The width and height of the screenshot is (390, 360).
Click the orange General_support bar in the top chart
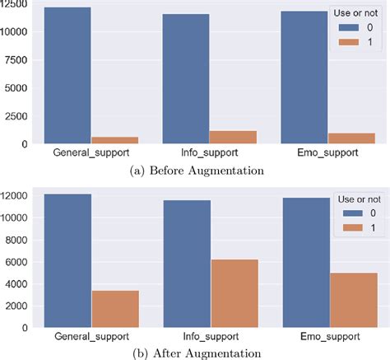115,140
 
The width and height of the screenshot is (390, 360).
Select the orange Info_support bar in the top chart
234,138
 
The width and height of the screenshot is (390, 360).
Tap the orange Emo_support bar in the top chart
352,138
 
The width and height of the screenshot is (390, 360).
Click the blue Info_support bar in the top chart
186,78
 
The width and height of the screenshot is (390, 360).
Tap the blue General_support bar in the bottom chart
67,260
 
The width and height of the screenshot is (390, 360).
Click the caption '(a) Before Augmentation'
195,170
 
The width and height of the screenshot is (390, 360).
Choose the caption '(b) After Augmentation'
195,353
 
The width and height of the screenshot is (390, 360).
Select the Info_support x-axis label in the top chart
210,154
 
